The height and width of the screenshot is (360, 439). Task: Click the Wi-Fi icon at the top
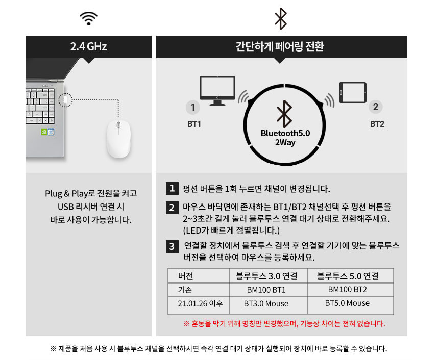click(89, 18)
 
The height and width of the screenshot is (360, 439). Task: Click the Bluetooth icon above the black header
click(281, 19)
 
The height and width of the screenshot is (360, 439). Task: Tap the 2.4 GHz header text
click(89, 47)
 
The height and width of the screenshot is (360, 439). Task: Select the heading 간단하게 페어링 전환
click(281, 47)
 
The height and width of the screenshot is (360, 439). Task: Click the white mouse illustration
click(118, 139)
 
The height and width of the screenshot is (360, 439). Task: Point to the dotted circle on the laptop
click(65, 100)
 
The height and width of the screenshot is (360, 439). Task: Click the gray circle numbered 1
click(192, 108)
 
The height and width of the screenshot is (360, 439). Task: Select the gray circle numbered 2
click(376, 107)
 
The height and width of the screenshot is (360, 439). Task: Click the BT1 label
click(193, 124)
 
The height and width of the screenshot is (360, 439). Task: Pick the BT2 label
click(377, 124)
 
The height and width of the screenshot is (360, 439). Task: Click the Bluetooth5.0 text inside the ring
click(285, 133)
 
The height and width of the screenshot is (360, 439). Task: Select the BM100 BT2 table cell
click(347, 290)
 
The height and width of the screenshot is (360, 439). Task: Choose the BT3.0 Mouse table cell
click(266, 304)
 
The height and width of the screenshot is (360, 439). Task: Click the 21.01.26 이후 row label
click(200, 304)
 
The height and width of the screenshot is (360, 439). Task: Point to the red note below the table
click(284, 323)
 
